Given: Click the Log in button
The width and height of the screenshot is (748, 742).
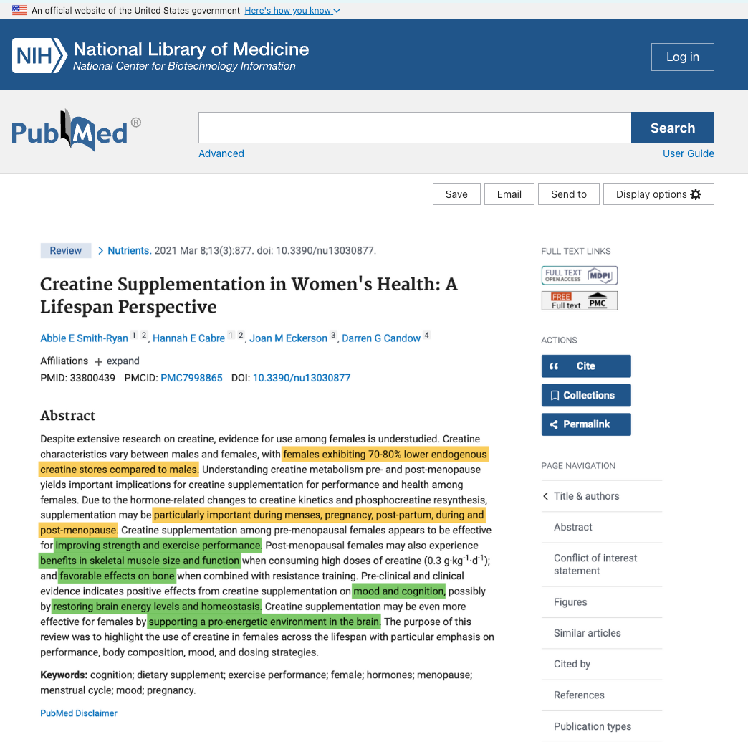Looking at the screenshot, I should tap(682, 57).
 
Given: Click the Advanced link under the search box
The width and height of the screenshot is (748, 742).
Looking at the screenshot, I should tap(221, 153).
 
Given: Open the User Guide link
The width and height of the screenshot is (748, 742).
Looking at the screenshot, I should tap(688, 153).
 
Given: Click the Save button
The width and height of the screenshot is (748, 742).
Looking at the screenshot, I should tap(456, 194).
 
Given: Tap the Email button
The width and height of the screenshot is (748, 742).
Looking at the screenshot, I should tap(509, 194).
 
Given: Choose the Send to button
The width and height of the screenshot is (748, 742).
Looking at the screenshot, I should tap(569, 194).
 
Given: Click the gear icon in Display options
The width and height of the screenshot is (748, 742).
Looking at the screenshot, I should tap(696, 194).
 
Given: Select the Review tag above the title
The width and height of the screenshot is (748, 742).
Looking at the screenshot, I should tap(66, 250).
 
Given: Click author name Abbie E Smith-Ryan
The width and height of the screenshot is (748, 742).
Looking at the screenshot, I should tap(84, 338).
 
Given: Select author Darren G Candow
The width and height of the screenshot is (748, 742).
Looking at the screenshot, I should tap(381, 338).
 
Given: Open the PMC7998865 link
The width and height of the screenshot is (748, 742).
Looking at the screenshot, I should tap(191, 378).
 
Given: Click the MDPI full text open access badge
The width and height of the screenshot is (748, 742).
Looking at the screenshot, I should tap(580, 275).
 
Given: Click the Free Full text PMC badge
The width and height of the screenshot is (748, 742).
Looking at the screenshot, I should tap(580, 301).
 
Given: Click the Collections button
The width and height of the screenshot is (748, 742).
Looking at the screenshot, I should tap(586, 395).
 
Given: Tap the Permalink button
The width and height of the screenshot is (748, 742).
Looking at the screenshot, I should tap(586, 424).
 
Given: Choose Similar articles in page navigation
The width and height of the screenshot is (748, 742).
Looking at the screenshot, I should tap(588, 633).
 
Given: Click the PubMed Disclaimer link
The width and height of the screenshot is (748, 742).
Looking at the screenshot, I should tap(79, 713).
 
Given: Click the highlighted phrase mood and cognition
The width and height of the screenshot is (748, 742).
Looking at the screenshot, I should tap(399, 591).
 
